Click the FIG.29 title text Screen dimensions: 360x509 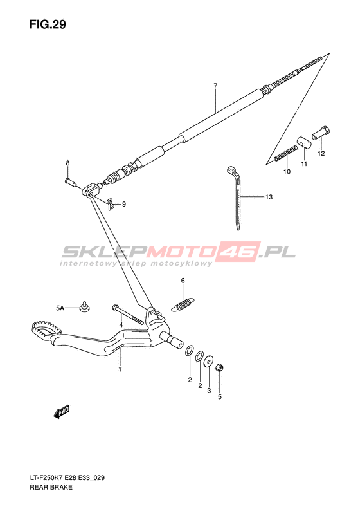tap(48, 24)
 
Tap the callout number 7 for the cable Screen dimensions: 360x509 tap(215, 86)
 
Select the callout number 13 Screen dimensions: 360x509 tap(269, 197)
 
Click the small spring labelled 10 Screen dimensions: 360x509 tap(285, 153)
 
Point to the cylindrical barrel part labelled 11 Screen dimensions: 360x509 tap(304, 142)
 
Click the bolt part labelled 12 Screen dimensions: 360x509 tap(321, 133)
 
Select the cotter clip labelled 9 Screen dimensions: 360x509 tap(111, 203)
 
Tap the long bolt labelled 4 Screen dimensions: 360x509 tap(127, 315)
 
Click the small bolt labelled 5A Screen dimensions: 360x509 tap(85, 307)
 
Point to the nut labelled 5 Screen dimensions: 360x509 tap(220, 367)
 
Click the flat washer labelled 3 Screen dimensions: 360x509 tap(208, 361)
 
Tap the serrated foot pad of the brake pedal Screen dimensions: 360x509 tap(46, 329)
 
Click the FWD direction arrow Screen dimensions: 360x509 tap(62, 412)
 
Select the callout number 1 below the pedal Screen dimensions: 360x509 tap(120, 369)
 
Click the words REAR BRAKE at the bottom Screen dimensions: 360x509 tap(51, 487)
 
